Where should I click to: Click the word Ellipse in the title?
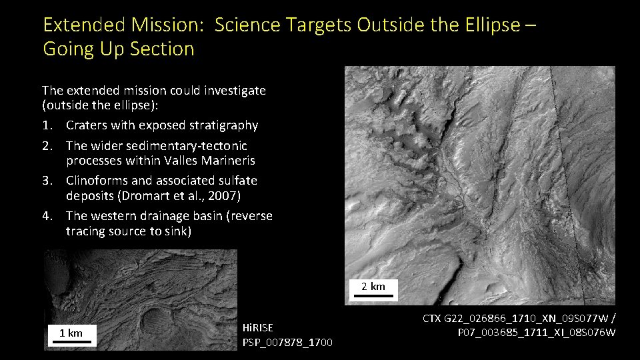pyautogui.click(x=493, y=25)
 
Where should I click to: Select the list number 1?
pyautogui.click(x=46, y=125)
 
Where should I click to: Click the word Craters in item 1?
pyautogui.click(x=87, y=125)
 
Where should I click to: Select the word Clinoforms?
pyautogui.click(x=96, y=180)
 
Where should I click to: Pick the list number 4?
pyautogui.click(x=46, y=216)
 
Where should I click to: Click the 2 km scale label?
pyautogui.click(x=373, y=286)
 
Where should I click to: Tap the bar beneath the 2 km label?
pyautogui.click(x=373, y=296)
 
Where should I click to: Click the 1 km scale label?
pyautogui.click(x=71, y=332)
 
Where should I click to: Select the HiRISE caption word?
pyautogui.click(x=258, y=327)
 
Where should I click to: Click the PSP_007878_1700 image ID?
pyautogui.click(x=288, y=343)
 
